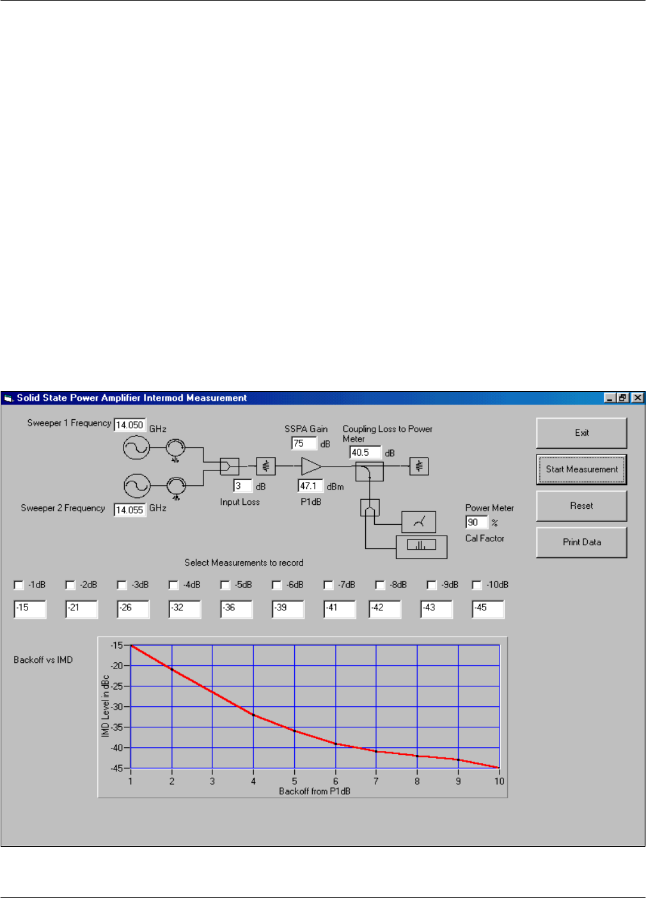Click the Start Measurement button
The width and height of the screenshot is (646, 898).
tap(581, 469)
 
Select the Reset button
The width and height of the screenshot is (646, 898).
tap(581, 506)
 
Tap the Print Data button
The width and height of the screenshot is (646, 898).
tap(581, 542)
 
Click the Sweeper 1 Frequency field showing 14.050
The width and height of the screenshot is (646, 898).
tap(130, 425)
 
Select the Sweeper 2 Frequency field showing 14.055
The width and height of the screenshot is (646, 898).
tap(130, 510)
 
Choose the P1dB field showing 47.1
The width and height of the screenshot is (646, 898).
tap(311, 486)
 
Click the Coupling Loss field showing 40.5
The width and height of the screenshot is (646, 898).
tap(365, 453)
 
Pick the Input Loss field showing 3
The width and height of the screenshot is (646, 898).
tap(242, 486)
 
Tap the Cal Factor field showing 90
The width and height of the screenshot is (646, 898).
tap(477, 522)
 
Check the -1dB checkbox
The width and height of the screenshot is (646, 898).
tap(19, 585)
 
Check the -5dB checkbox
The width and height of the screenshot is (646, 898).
tap(225, 585)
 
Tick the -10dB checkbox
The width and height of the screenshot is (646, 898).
tap(477, 585)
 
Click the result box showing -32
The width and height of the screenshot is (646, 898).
tap(184, 608)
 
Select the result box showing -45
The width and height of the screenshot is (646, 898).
tap(488, 608)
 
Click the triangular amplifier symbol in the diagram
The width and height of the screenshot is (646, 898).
tap(311, 466)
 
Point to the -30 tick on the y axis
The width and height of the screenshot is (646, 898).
tap(116, 707)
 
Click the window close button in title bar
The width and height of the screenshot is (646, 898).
tap(638, 398)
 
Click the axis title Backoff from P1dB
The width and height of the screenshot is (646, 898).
tap(315, 791)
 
